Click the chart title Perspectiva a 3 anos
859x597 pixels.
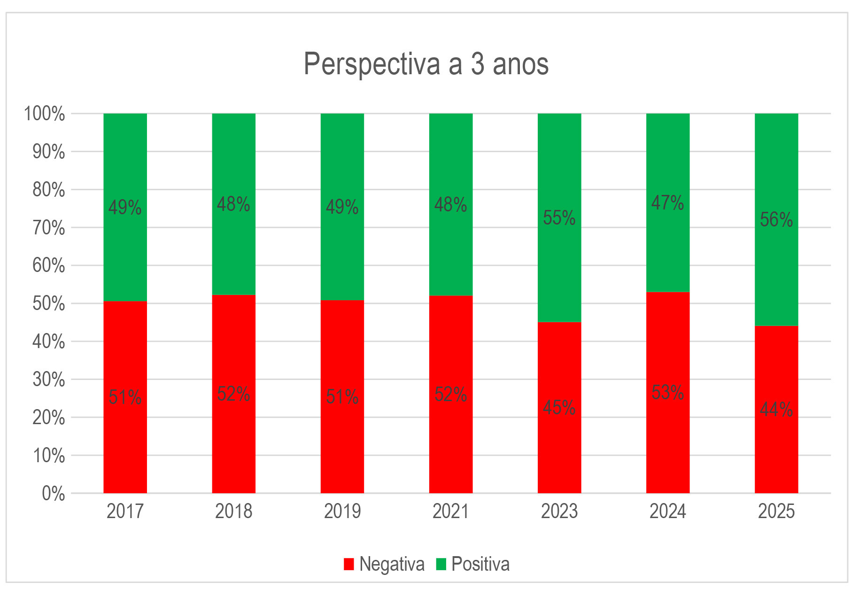click(426, 63)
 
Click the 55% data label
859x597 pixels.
click(559, 218)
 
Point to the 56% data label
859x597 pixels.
click(776, 220)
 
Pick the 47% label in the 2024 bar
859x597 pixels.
click(667, 203)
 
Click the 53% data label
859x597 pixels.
click(667, 393)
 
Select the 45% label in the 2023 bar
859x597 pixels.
click(559, 407)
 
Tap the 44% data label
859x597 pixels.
click(776, 410)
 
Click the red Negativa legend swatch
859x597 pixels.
click(348, 564)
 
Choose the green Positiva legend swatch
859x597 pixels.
click(441, 564)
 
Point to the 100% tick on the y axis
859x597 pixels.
click(44, 114)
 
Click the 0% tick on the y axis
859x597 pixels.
click(53, 494)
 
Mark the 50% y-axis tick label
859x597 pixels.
click(48, 303)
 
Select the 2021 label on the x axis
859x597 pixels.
click(450, 512)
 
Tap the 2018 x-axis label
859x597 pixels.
click(233, 512)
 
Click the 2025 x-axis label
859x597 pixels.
click(776, 512)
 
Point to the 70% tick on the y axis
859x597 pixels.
click(48, 228)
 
